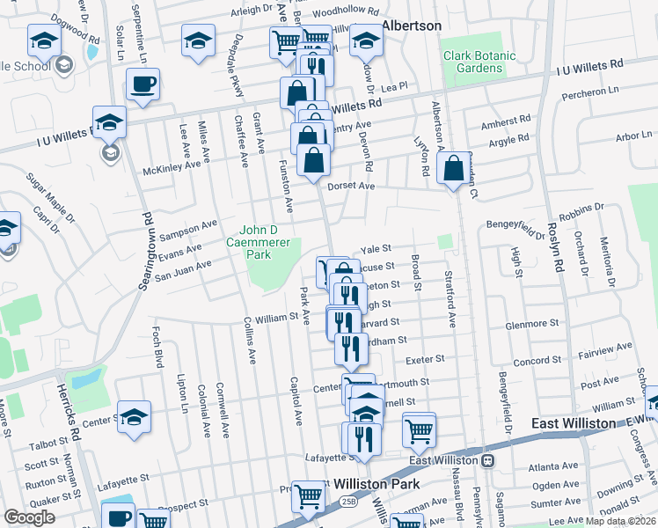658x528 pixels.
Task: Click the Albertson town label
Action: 411,26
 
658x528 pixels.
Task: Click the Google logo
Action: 29,517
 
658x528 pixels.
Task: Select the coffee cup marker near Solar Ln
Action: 143,84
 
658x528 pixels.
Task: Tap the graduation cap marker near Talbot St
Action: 134,417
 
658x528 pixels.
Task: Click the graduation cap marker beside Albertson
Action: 366,40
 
